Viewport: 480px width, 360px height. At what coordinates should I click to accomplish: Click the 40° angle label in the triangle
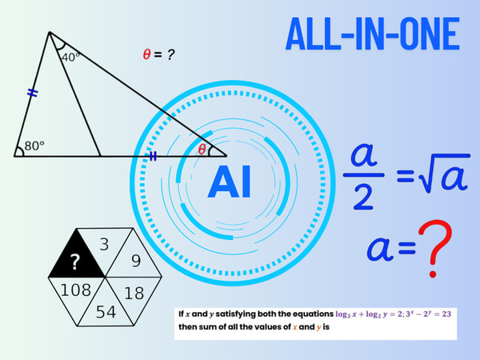click(x=70, y=58)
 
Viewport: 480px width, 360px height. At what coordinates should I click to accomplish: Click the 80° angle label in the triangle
click(x=34, y=146)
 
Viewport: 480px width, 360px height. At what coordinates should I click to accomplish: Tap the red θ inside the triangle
click(x=202, y=150)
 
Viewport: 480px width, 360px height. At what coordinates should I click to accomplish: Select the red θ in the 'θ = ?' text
click(x=146, y=54)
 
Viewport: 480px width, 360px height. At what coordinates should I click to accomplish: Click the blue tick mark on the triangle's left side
click(x=33, y=93)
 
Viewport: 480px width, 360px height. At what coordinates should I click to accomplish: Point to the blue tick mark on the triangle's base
click(x=153, y=156)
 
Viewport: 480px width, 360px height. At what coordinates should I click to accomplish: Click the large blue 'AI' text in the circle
click(x=230, y=182)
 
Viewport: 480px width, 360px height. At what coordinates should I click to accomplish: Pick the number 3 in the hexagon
click(x=104, y=244)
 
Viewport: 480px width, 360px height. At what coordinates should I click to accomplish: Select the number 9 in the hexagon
click(x=136, y=261)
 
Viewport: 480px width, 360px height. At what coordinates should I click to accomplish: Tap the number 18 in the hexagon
click(x=134, y=293)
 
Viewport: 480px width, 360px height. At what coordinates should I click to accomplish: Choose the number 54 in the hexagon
click(x=106, y=312)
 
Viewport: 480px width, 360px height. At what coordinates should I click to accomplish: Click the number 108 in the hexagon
click(x=76, y=290)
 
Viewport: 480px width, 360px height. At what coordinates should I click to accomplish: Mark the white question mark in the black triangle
click(x=75, y=262)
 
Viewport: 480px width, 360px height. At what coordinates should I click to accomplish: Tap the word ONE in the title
click(x=430, y=34)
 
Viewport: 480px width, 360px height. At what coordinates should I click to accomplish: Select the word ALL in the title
click(x=313, y=34)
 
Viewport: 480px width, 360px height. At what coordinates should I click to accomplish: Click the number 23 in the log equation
click(x=446, y=314)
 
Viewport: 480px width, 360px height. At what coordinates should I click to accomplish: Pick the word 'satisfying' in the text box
click(x=235, y=314)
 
